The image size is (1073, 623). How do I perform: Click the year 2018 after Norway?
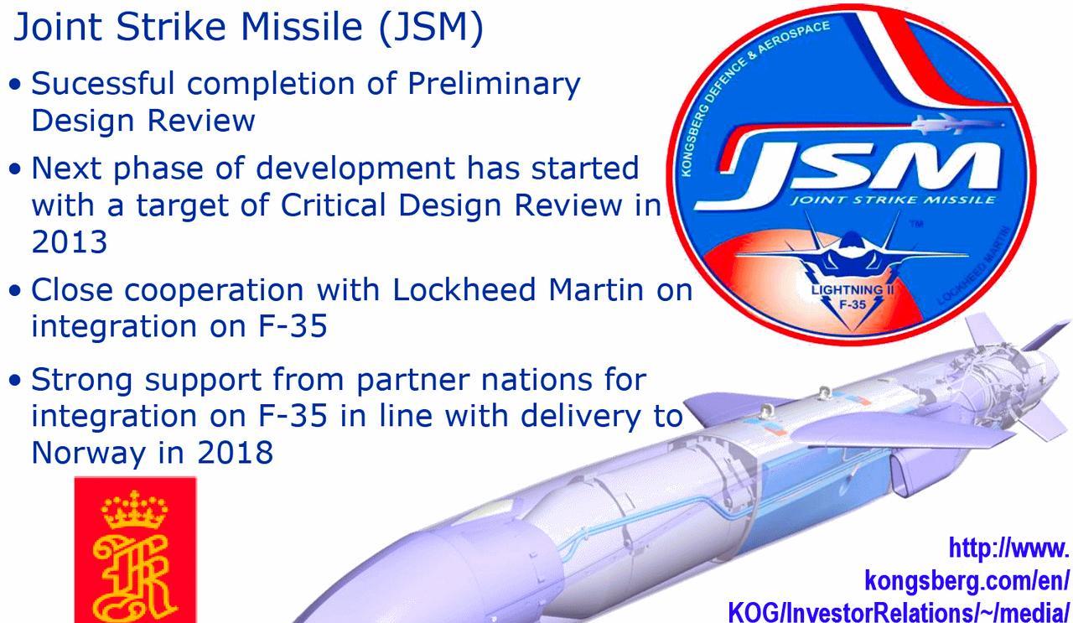(236, 452)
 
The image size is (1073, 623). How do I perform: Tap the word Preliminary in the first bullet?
(494, 84)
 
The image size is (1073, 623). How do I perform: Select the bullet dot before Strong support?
(15, 380)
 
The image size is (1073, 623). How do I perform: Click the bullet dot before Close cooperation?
(15, 290)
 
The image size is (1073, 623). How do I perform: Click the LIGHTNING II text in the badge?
(853, 289)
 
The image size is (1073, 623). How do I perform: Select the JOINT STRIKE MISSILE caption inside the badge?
(893, 200)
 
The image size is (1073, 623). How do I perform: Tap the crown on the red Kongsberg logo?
(135, 510)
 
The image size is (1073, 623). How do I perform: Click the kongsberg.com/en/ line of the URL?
(967, 581)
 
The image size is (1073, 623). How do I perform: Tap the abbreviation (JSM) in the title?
(431, 28)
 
